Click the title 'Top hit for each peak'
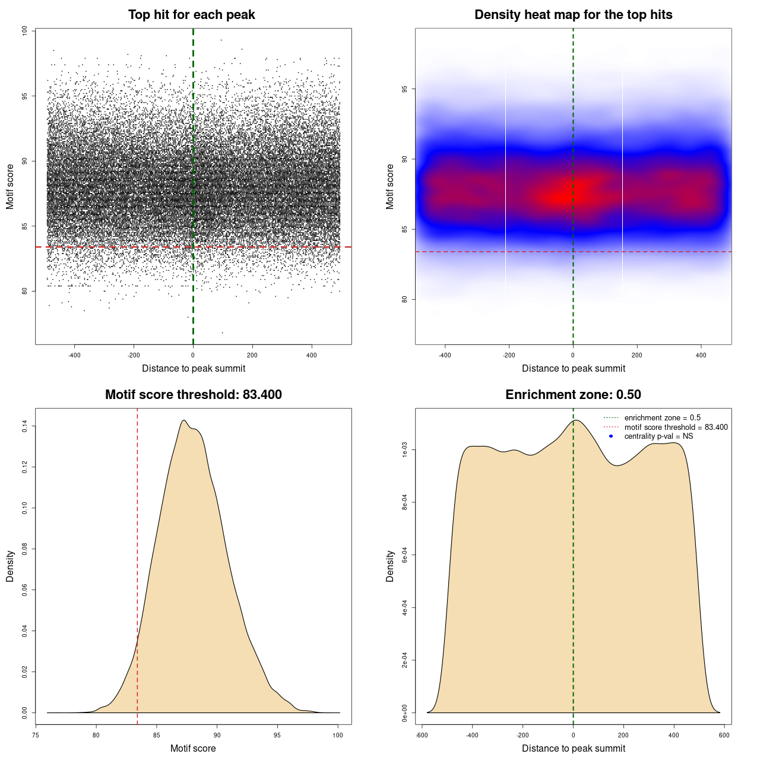point(191,15)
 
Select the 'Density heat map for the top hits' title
point(573,15)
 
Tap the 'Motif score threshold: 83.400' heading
point(193,395)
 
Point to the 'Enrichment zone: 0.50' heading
point(573,395)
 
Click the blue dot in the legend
point(611,436)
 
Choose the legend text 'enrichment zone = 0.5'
point(662,418)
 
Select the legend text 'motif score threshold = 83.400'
point(676,427)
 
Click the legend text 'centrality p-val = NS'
point(658,436)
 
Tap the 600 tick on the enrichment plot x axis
point(724,735)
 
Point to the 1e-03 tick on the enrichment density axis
point(405,451)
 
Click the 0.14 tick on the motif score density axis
point(25,426)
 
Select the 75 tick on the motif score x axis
point(36,735)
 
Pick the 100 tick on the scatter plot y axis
point(25,30)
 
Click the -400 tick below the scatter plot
point(74,355)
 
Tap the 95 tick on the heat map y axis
point(405,89)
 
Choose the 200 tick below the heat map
point(637,355)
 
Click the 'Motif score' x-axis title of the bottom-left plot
point(193,748)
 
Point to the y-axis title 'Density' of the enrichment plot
point(390,566)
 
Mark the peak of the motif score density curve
point(184,420)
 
